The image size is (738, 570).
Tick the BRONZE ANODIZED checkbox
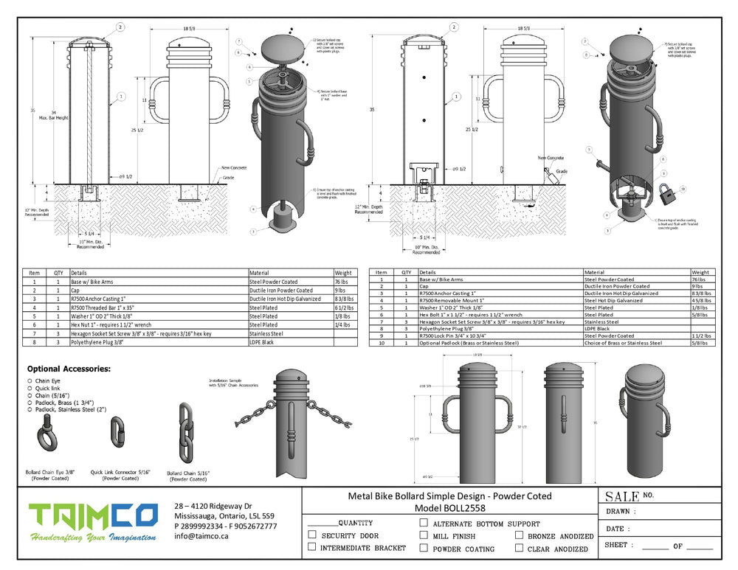(x=520, y=535)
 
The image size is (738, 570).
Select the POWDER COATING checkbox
(x=424, y=548)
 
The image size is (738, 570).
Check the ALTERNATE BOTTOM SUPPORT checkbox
(x=424, y=522)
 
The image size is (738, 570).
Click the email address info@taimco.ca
(x=201, y=536)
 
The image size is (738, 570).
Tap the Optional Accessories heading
(x=69, y=369)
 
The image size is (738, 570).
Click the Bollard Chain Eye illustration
(x=49, y=441)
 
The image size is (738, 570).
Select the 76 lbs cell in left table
(x=344, y=281)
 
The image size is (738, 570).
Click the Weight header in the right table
(x=700, y=272)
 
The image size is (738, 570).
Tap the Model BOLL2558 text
(x=449, y=508)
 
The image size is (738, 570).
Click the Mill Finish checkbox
(x=424, y=535)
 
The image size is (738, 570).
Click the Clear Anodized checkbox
(x=520, y=548)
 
